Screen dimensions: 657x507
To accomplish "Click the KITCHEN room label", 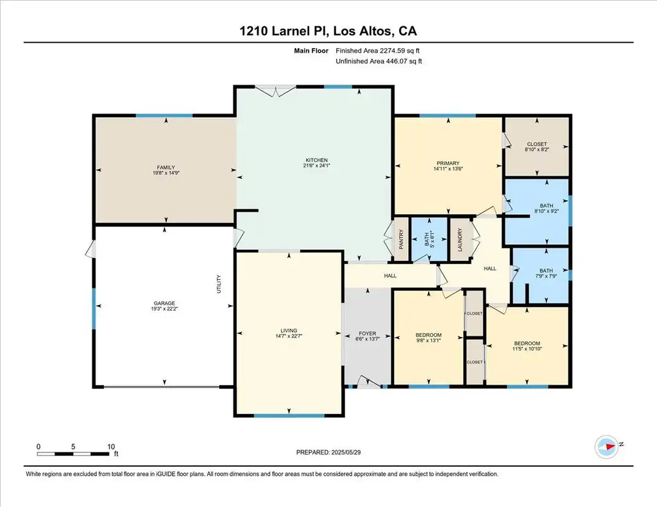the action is [316, 160].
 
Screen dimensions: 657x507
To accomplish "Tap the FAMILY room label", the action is [166, 167].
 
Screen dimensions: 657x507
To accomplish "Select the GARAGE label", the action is [164, 303].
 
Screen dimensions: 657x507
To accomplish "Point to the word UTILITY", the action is [218, 284].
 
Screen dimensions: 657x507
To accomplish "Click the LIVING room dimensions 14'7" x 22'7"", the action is [289, 336].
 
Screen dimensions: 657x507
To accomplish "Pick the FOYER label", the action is [368, 334].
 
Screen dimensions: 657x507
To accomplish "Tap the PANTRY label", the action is [401, 240].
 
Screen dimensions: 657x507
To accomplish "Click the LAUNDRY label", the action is [459, 240].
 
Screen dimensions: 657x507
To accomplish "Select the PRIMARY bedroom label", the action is [448, 163].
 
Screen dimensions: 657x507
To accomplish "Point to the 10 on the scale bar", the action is [110, 447].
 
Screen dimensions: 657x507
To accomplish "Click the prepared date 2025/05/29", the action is [346, 452].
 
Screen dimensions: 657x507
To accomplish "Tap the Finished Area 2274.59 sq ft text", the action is [377, 51].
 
